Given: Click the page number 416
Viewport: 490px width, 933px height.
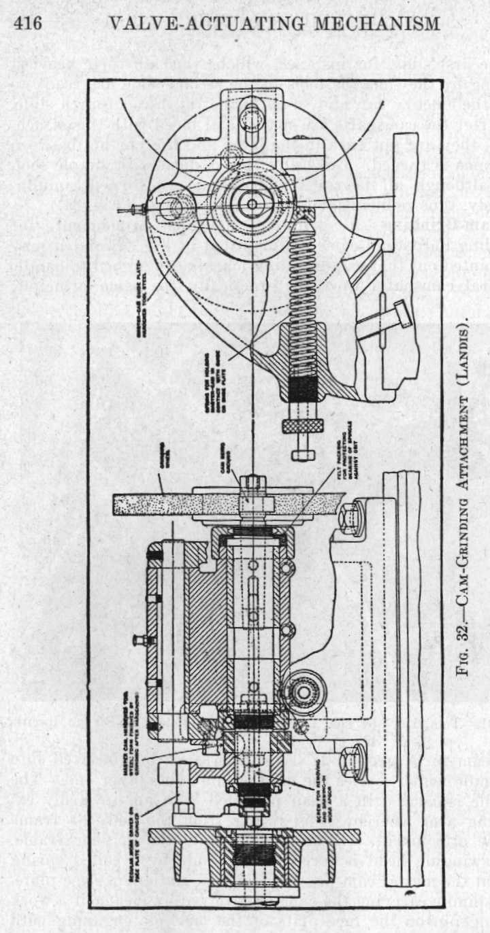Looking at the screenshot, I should click(28, 23).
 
